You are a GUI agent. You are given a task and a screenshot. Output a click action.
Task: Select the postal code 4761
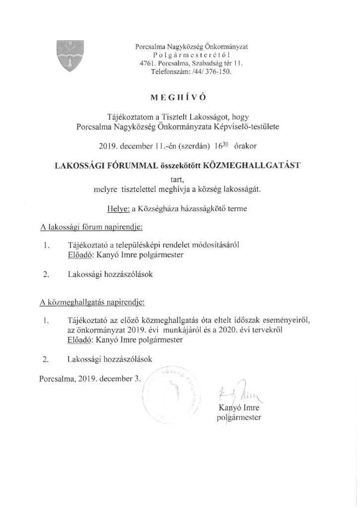[148, 63]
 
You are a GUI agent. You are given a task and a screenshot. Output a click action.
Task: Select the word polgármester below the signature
[239, 418]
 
